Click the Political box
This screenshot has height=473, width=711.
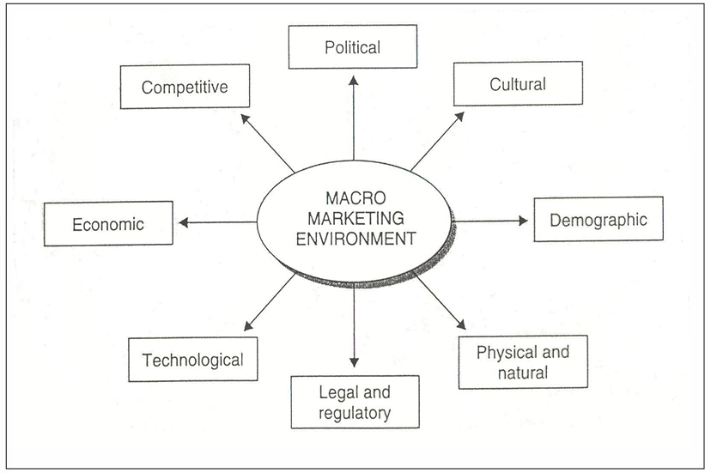pos(352,46)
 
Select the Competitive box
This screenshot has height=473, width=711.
pos(184,87)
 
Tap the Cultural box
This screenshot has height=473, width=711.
pos(518,84)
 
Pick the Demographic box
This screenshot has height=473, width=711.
pos(598,220)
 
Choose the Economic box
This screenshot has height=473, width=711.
pos(108,225)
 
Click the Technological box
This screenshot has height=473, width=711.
pos(192,360)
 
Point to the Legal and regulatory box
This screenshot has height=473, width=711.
pos(354,402)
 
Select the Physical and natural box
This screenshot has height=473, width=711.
pos(522,361)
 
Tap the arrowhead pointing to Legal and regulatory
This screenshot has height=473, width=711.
pos(353,364)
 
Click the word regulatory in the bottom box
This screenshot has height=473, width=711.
pos(354,413)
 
